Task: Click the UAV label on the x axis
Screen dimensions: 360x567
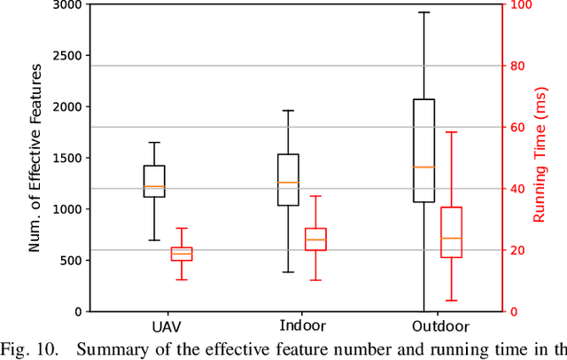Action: [167, 326]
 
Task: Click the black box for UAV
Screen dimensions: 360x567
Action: [154, 181]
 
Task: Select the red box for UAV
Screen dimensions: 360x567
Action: [181, 254]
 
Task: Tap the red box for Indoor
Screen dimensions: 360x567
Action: [315, 239]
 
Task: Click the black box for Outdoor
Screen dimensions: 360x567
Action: [424, 151]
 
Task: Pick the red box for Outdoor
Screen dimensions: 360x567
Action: [451, 232]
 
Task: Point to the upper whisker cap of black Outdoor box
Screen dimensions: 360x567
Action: [424, 12]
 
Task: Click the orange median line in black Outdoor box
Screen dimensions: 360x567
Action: [424, 167]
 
